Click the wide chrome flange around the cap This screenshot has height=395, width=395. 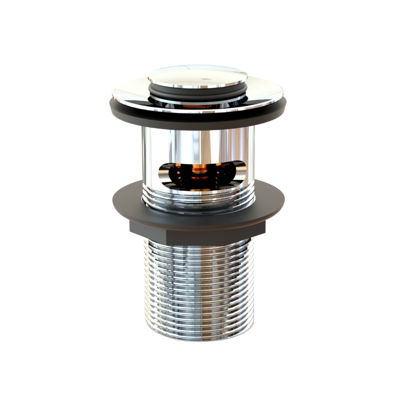[130, 94]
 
